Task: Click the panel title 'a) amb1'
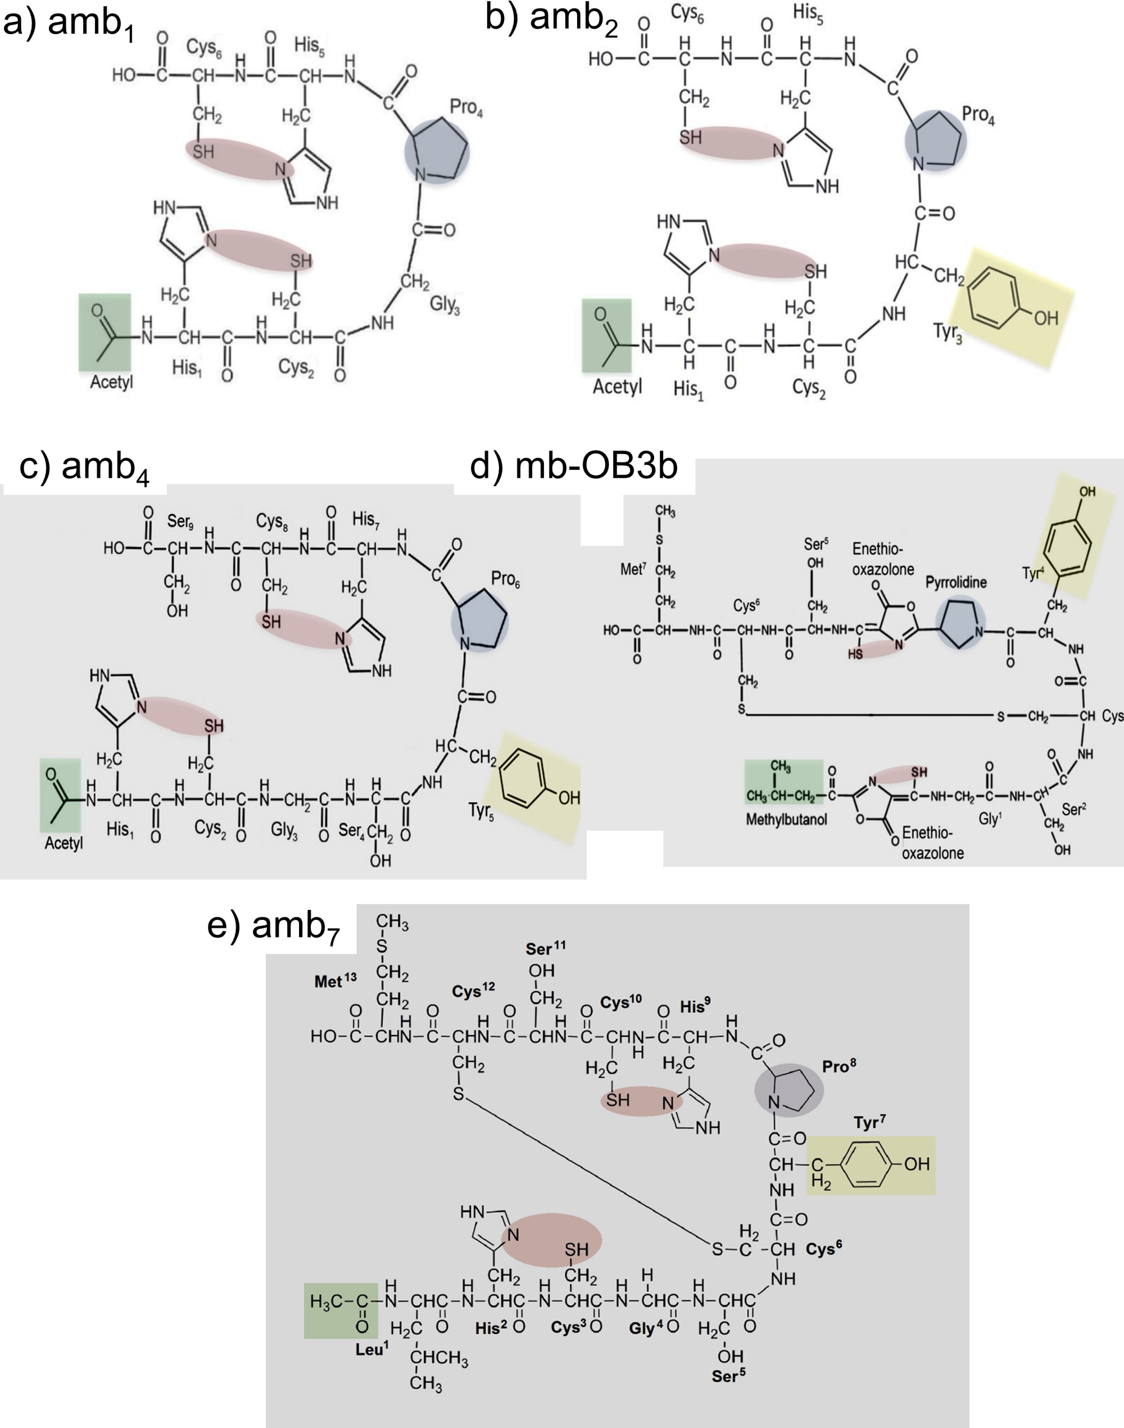coord(69,25)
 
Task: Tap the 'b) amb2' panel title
coord(551,19)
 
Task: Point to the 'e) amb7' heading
coord(273,927)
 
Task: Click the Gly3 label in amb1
coord(445,305)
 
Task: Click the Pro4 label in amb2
coord(978,115)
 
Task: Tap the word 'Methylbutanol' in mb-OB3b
coord(786,819)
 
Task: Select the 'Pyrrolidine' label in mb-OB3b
coord(956,582)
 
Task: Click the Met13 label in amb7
coord(335,981)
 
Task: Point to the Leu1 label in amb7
coord(372,1349)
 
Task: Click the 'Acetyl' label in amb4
coord(64,843)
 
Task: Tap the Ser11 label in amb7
coord(546,948)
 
